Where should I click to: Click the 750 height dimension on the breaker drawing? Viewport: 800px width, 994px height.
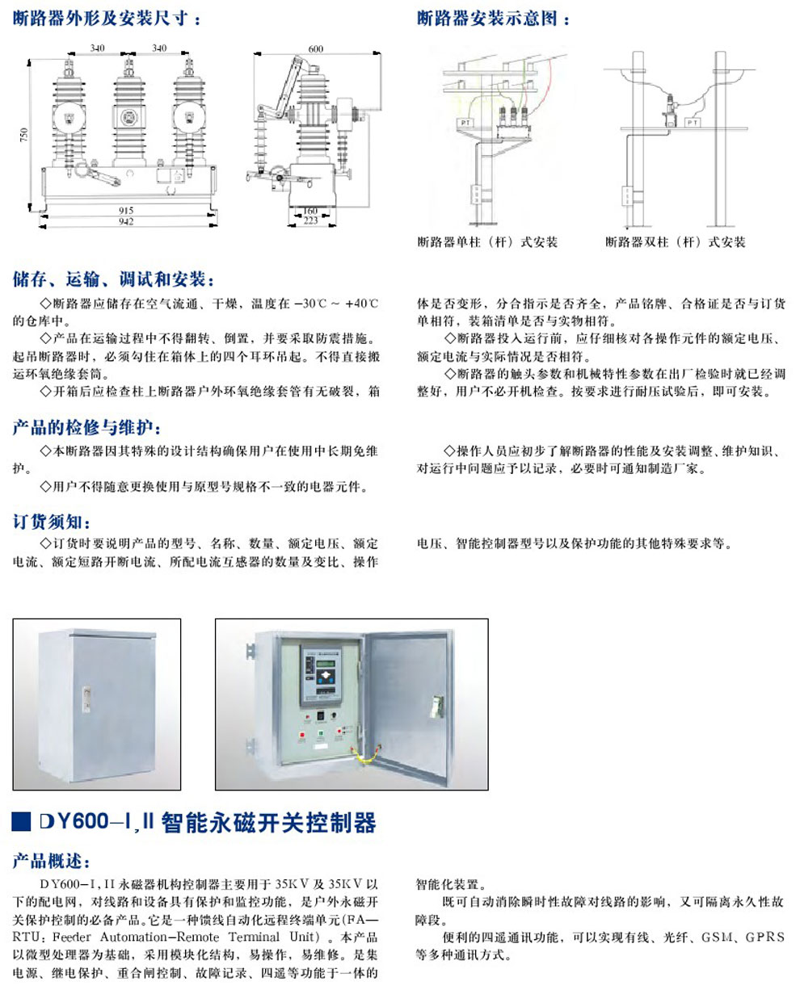point(24,133)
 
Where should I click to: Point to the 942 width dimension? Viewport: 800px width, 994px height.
point(125,221)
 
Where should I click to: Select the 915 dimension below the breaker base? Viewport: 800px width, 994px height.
point(125,210)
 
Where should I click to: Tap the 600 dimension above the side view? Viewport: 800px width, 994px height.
point(315,49)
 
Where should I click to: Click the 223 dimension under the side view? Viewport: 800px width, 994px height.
point(310,220)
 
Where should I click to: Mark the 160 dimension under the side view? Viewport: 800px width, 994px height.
point(310,211)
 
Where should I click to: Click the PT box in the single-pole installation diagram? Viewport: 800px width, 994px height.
point(465,122)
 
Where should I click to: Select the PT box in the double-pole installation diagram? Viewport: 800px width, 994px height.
point(692,123)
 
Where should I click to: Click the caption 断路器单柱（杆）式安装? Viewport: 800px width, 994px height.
point(487,242)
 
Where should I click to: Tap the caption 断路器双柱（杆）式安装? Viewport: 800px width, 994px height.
point(676,242)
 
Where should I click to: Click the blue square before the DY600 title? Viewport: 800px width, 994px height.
point(22,821)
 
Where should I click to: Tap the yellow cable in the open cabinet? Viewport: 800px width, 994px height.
point(364,756)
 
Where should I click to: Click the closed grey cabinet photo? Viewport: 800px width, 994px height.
point(96,703)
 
